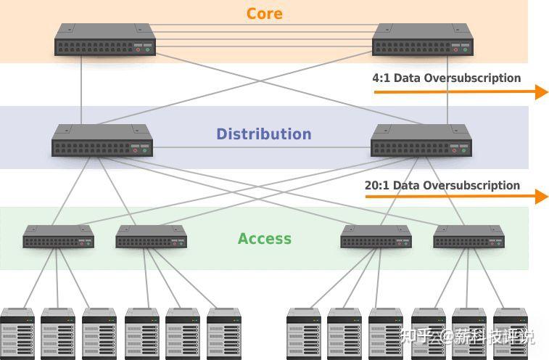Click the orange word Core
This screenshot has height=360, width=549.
264,14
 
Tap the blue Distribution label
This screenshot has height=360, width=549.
264,134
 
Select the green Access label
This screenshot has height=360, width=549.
264,239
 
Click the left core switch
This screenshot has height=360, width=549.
105,39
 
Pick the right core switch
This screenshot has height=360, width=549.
423,39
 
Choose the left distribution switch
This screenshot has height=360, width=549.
102,140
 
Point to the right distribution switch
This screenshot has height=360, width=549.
421,140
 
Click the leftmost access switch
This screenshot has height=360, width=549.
59,237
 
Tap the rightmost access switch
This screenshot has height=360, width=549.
468,237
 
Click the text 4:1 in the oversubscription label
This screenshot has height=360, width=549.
381,78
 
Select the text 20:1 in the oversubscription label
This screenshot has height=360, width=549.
376,185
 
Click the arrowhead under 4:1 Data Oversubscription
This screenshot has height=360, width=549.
542,92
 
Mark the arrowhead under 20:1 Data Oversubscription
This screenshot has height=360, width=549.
542,197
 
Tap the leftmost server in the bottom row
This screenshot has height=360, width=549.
17,334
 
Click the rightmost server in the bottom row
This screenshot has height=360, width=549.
510,334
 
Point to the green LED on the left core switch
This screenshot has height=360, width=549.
147,50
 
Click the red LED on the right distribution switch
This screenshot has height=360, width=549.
454,151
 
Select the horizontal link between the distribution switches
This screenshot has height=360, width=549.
262,147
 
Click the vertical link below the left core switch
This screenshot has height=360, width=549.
81,90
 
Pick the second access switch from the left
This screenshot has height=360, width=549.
152,237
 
